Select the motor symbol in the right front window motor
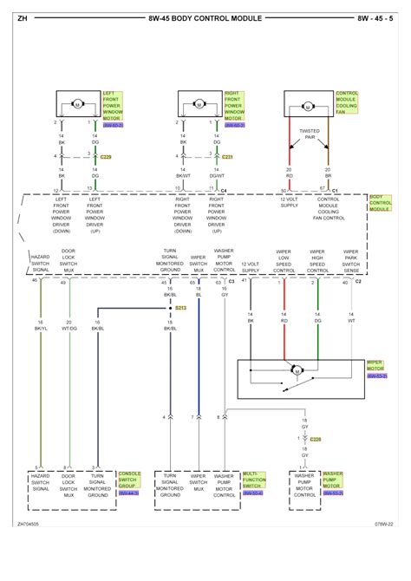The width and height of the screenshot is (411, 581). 201,105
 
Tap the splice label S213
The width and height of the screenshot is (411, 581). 181,308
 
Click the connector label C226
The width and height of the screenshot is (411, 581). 315,439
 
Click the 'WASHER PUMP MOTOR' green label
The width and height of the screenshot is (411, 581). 333,480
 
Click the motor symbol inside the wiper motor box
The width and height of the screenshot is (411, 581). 297,370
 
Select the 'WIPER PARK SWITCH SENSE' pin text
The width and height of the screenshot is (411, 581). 350,263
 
